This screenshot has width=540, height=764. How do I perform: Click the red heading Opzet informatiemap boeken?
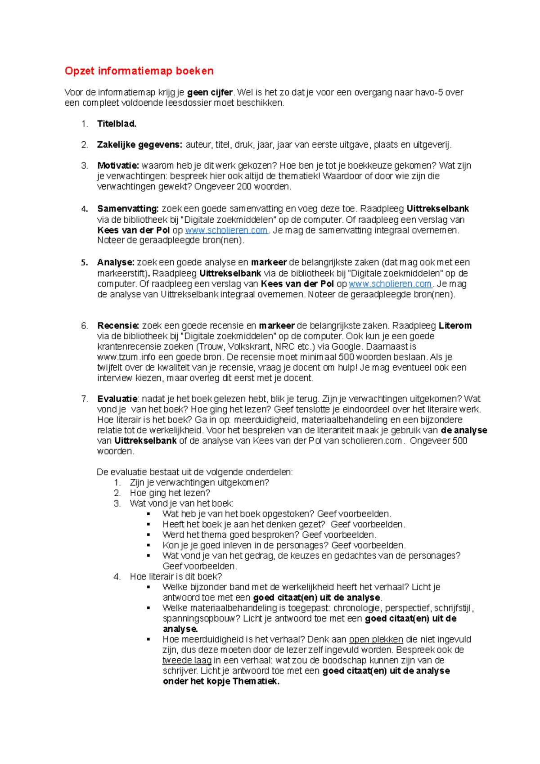pos(139,71)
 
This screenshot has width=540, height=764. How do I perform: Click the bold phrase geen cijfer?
pos(210,93)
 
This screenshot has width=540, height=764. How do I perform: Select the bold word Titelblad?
pos(117,124)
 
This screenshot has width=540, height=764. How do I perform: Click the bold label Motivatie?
pos(118,166)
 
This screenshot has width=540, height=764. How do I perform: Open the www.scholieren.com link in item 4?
pos(226,230)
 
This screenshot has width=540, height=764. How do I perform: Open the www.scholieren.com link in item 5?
pos(390,284)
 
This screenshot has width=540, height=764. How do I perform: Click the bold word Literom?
pos(455,326)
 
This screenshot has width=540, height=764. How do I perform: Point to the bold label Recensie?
pos(118,326)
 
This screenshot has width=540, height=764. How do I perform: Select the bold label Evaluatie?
pos(117,399)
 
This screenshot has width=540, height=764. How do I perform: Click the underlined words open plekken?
pos(376,639)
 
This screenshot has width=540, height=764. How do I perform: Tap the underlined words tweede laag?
pos(187,661)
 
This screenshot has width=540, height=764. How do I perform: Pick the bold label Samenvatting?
pos(128,209)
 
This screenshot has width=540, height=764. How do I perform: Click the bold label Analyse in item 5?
pos(116,262)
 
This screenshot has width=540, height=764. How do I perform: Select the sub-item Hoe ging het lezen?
pos(170,493)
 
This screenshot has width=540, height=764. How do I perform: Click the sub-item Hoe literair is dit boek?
pos(176,577)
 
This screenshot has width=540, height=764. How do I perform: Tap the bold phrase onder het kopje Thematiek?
pos(221,682)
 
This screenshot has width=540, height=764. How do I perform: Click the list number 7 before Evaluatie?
pos(84,399)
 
